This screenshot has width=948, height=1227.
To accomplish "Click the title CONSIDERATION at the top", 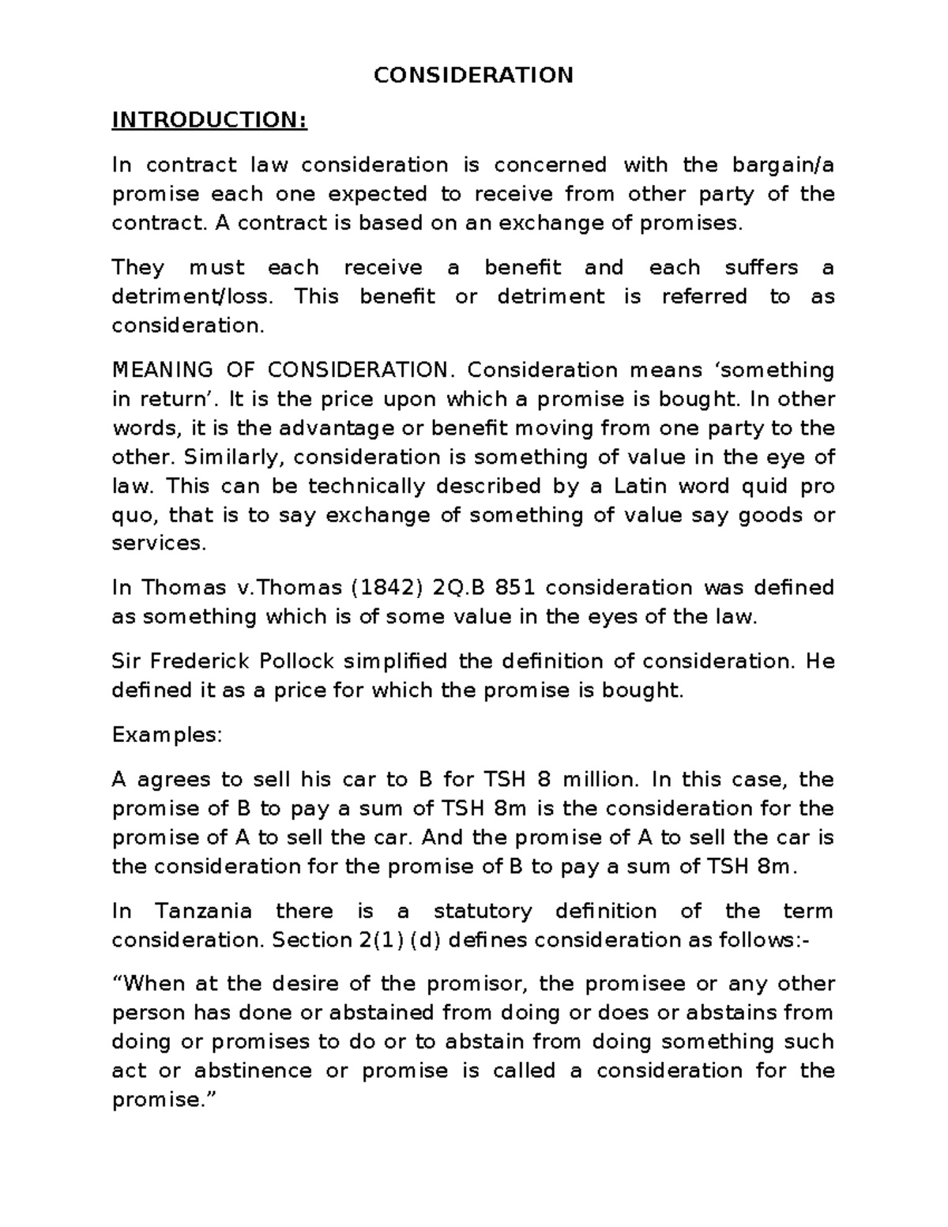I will pos(473,75).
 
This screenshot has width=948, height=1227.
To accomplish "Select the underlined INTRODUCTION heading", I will pos(209,120).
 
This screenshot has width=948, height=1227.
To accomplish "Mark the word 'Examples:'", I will pos(167,735).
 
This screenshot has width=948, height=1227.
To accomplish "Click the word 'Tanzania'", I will pos(204,911).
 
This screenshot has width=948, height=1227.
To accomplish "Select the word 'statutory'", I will pos(483,911).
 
